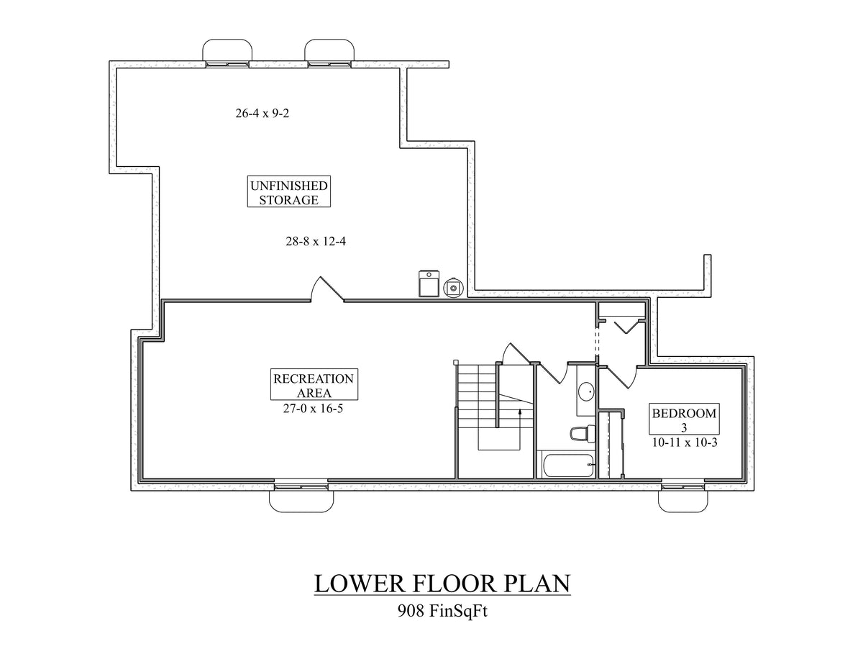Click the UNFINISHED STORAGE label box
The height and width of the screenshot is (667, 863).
coord(288,193)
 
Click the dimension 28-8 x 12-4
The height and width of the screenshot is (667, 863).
coord(316,242)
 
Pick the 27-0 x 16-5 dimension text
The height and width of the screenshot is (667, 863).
coord(313,407)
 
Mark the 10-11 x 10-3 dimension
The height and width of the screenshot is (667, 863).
coord(683,443)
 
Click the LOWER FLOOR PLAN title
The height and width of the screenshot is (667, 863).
coord(442,583)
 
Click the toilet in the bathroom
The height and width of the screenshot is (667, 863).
coord(580,434)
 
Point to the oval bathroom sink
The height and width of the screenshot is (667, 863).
coord(586,392)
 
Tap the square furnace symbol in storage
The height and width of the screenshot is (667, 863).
coord(428,283)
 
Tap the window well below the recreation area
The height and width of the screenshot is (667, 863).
coord(300,499)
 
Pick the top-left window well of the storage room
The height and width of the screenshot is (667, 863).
coord(228,52)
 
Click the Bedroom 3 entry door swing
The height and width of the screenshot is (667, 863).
coord(624,376)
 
